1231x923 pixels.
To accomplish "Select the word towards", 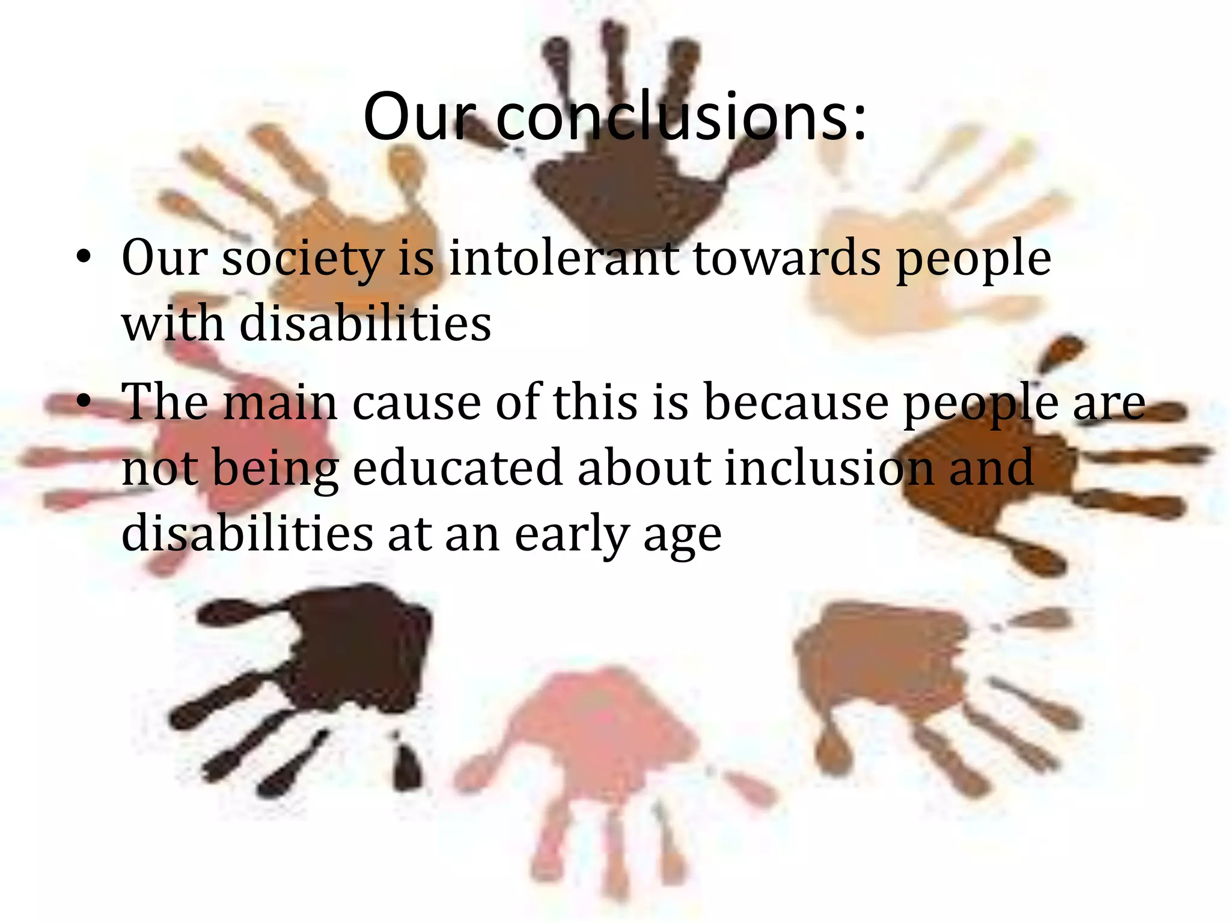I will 787,258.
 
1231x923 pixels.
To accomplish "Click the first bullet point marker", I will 84,258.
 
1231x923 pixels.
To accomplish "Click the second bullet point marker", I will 84,401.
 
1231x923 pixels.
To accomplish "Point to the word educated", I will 457,468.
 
